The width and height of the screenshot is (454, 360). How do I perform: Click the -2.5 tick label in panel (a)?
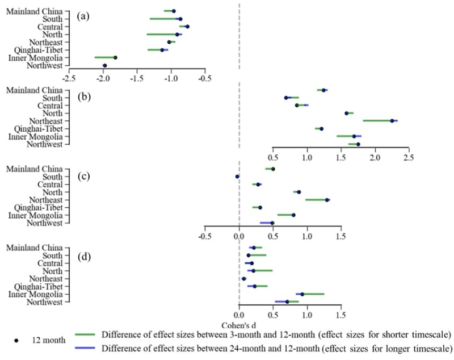pos(69,78)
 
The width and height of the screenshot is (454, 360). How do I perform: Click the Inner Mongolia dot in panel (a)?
pos(115,57)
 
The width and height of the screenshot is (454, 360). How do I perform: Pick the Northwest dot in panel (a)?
pos(105,66)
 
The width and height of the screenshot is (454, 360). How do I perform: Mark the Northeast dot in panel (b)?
pos(392,120)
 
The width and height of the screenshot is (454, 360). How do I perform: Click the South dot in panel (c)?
pos(237,177)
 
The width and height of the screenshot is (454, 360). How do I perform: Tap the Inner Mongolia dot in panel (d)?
pos(302,294)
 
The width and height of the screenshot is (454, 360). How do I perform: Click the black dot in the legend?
pos(18,340)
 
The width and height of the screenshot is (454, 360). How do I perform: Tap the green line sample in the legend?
pos(85,333)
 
